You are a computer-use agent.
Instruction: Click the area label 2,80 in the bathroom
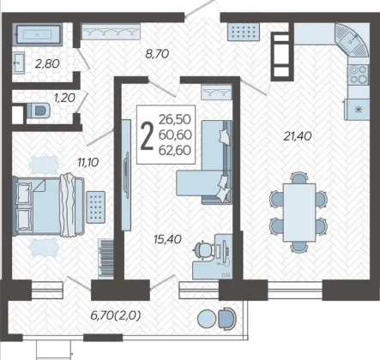pyautogui.click(x=47, y=63)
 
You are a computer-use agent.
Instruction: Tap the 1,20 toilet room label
pyautogui.click(x=64, y=98)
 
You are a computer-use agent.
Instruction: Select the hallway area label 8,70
pyautogui.click(x=157, y=54)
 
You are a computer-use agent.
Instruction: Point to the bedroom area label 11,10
pyautogui.click(x=88, y=162)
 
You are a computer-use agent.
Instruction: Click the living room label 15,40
pyautogui.click(x=167, y=239)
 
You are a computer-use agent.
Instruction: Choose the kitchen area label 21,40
pyautogui.click(x=298, y=136)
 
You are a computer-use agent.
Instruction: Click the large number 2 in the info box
pyautogui.click(x=148, y=135)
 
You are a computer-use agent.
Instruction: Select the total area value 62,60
pyautogui.click(x=175, y=150)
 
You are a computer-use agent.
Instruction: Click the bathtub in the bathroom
pyautogui.click(x=37, y=34)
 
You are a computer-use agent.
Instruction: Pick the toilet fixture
pyautogui.click(x=39, y=110)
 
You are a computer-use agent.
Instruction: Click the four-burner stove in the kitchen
pyautogui.click(x=359, y=75)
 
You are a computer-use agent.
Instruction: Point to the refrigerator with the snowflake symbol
pyautogui.click(x=357, y=110)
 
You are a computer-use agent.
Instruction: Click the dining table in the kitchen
pyautogui.click(x=299, y=213)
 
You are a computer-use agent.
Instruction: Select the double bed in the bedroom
pyautogui.click(x=49, y=207)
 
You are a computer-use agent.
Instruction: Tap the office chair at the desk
pyautogui.click(x=203, y=249)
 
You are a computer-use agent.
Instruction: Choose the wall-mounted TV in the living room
pyautogui.click(x=126, y=175)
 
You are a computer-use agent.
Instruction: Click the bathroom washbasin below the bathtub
pyautogui.click(x=19, y=63)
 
